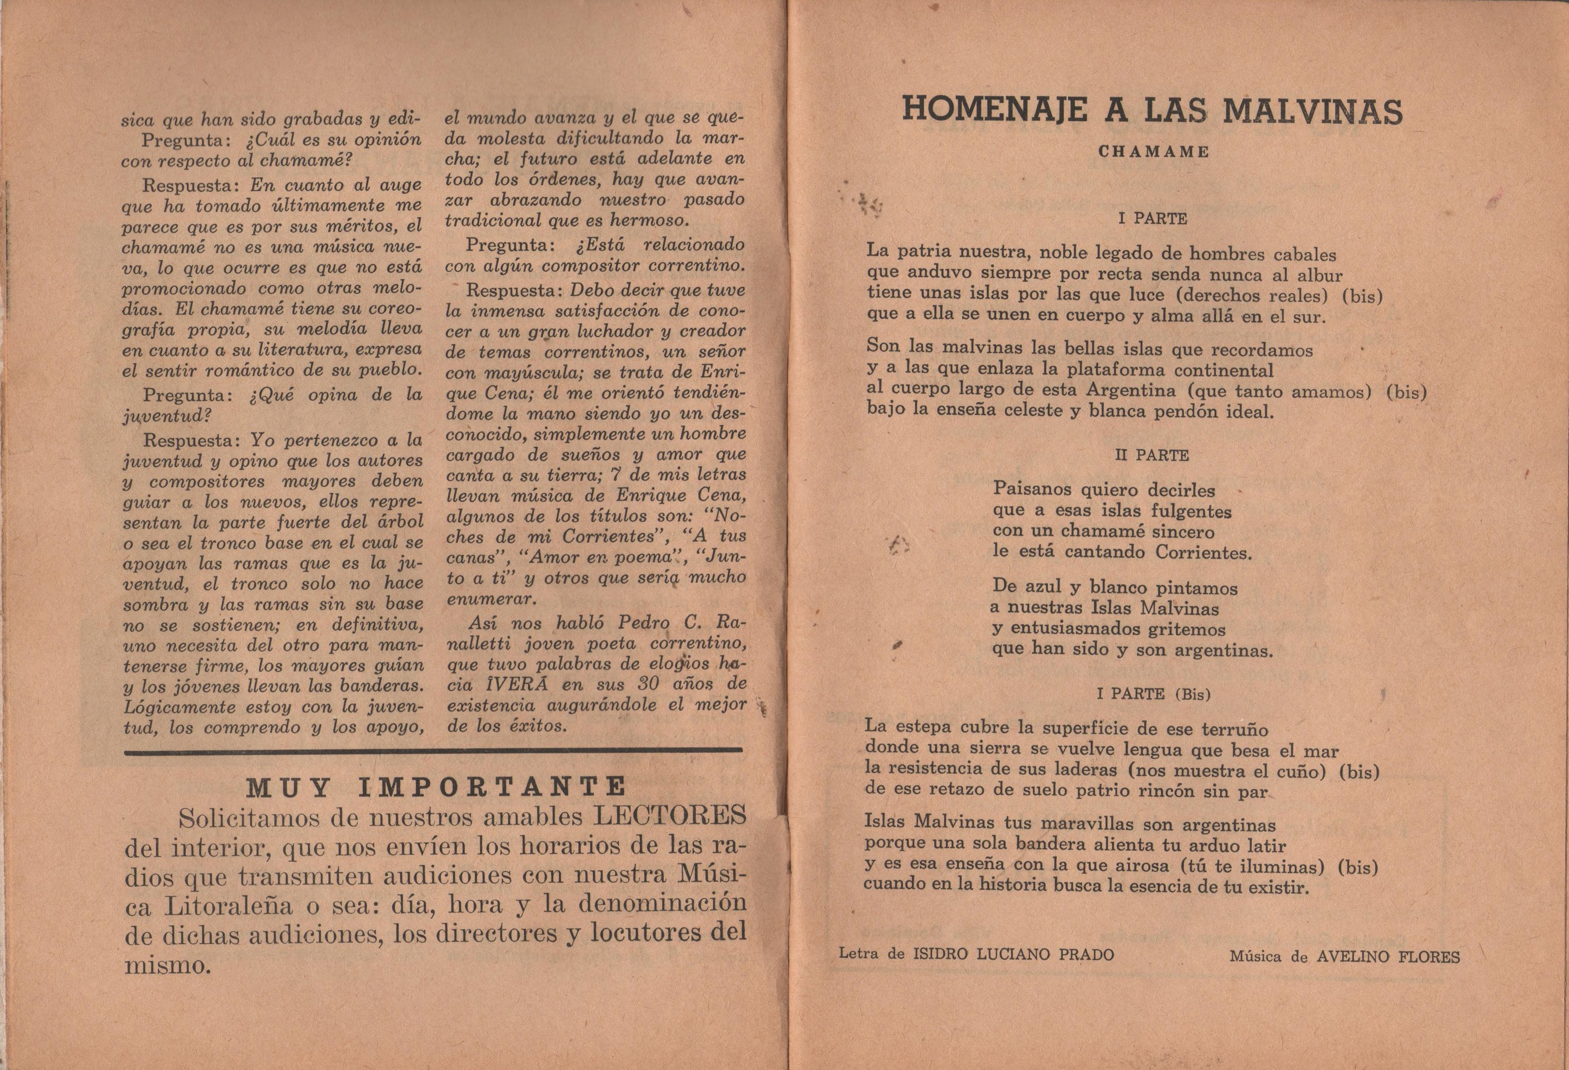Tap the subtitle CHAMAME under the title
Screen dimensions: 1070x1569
(x=1153, y=152)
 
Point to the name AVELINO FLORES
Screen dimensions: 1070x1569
(x=1388, y=957)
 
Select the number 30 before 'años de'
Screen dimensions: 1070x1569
(x=648, y=684)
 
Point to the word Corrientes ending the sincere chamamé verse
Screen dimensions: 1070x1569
(x=1204, y=553)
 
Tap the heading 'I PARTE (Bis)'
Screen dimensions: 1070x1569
(x=1153, y=693)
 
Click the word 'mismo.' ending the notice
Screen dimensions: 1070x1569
(x=168, y=965)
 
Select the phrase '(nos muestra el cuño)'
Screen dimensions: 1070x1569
(x=1223, y=770)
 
